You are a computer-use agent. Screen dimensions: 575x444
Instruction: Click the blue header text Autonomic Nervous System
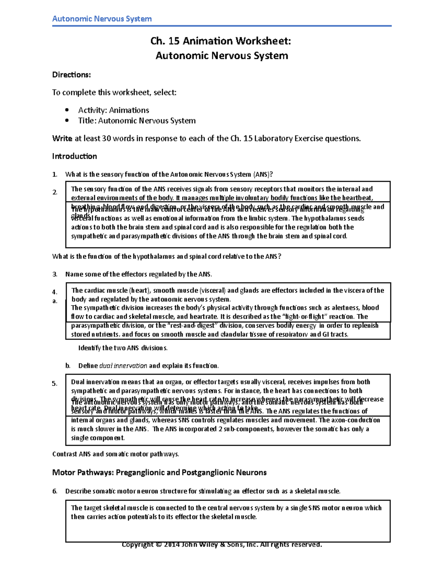pyautogui.click(x=102, y=19)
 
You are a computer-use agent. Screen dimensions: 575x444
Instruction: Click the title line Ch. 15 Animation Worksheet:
pyautogui.click(x=221, y=41)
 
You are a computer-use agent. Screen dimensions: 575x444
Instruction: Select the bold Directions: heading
pyautogui.click(x=71, y=75)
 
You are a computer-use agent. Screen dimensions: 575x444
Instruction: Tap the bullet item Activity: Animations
pyautogui.click(x=114, y=110)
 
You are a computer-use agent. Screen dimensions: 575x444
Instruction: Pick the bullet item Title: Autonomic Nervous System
pyautogui.click(x=137, y=121)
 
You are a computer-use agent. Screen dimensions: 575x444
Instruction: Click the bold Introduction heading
pyautogui.click(x=74, y=156)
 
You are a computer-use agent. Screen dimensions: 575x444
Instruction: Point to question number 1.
pyautogui.click(x=55, y=174)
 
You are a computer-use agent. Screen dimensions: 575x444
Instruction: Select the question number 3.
pyautogui.click(x=55, y=274)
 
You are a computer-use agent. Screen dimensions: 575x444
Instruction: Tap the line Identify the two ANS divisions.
pyautogui.click(x=123, y=348)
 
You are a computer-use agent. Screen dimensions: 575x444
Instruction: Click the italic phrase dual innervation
pyautogui.click(x=123, y=366)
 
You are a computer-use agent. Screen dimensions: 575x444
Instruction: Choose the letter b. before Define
pyautogui.click(x=68, y=366)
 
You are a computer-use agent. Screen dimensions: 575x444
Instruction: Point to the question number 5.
pyautogui.click(x=55, y=384)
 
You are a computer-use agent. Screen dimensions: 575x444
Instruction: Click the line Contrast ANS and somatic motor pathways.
pyautogui.click(x=115, y=454)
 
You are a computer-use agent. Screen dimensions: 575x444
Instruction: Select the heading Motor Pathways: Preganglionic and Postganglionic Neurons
pyautogui.click(x=159, y=472)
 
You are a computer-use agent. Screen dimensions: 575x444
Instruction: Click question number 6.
pyautogui.click(x=55, y=491)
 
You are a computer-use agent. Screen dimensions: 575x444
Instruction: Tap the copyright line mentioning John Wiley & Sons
pyautogui.click(x=222, y=545)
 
